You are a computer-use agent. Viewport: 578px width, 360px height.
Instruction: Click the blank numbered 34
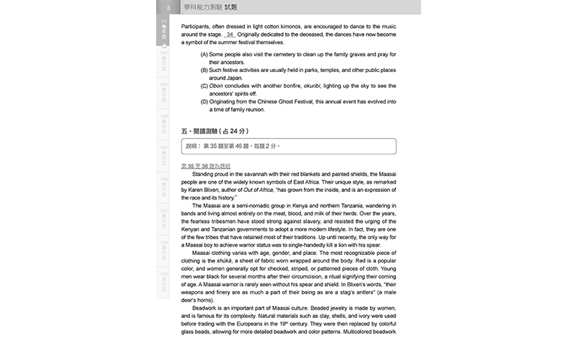click(x=230, y=34)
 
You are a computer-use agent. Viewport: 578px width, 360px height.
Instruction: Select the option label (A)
click(x=204, y=54)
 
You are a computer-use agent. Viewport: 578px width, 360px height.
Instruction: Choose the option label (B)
click(x=204, y=70)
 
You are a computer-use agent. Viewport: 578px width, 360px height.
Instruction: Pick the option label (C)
click(x=204, y=85)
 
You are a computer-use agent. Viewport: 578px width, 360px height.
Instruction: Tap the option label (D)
click(x=204, y=101)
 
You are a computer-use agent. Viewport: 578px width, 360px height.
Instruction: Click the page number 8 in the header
click(x=169, y=7)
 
